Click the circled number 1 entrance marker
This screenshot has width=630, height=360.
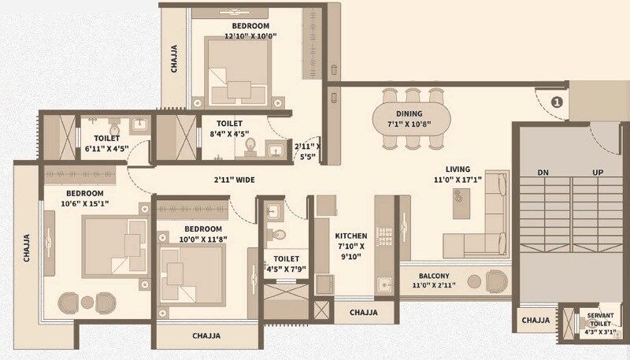click(557, 102)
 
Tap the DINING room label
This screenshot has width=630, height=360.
click(409, 113)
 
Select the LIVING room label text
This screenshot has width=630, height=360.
click(458, 169)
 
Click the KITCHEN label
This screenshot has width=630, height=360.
click(351, 236)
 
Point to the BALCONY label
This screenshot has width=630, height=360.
click(435, 276)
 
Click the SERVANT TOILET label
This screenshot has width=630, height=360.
click(600, 321)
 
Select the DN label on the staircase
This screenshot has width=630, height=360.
click(543, 171)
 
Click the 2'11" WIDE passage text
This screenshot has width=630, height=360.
click(234, 180)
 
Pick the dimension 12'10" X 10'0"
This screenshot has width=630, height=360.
click(250, 35)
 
